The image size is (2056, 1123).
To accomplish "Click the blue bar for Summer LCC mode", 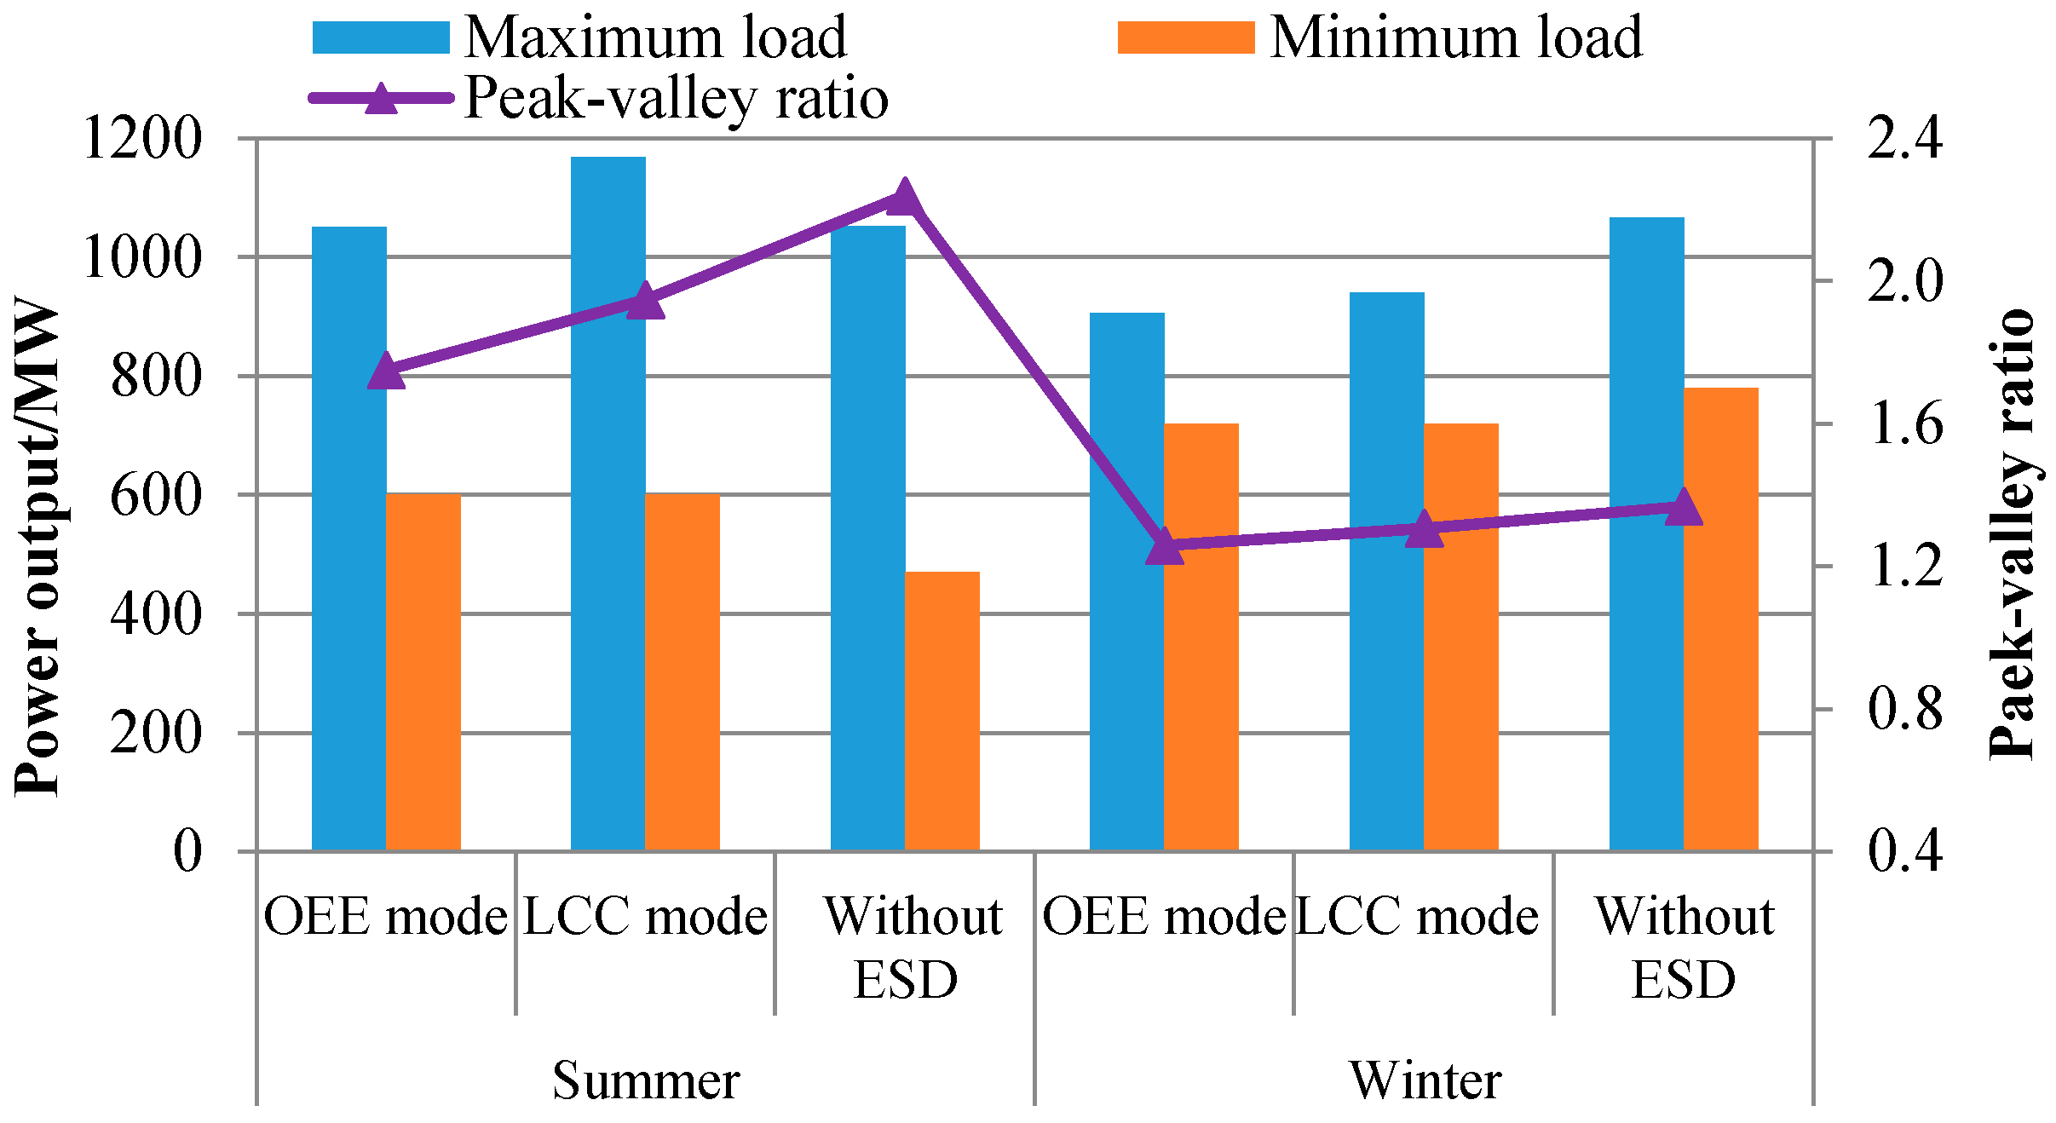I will pyautogui.click(x=608, y=503).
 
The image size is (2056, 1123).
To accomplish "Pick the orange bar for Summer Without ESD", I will pyautogui.click(x=942, y=711).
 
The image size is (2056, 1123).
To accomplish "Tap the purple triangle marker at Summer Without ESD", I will pyautogui.click(x=904, y=199).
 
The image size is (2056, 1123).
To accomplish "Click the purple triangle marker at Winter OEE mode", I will pyautogui.click(x=1165, y=546).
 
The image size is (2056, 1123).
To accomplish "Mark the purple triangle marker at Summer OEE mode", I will pyautogui.click(x=386, y=371).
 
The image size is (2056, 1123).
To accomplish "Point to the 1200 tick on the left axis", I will pyautogui.click(x=143, y=138).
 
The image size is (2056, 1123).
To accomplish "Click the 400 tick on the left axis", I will pyautogui.click(x=157, y=613).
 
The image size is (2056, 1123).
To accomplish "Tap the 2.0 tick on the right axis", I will pyautogui.click(x=1905, y=281).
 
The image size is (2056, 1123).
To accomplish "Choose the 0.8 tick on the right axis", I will pyautogui.click(x=1905, y=709).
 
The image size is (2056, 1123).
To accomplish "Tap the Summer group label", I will pyautogui.click(x=646, y=1080).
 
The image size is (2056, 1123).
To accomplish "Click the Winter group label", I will pyautogui.click(x=1425, y=1080).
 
